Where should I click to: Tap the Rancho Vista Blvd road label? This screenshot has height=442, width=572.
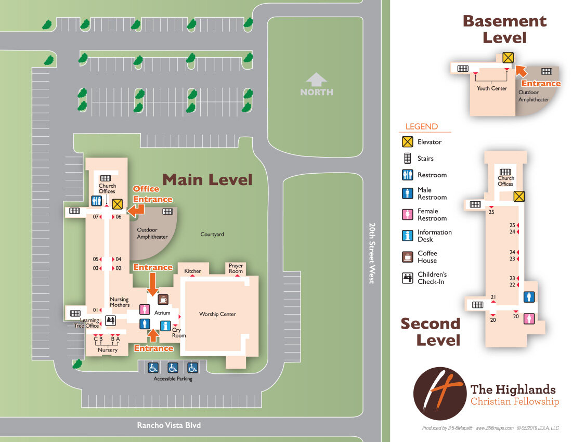coord(168,425)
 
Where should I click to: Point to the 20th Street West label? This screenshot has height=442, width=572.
coord(372,253)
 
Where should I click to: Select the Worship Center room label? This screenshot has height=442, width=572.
coord(217,314)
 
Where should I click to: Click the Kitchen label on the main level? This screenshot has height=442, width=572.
coord(192,271)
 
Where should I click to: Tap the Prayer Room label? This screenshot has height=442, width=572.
coord(236,268)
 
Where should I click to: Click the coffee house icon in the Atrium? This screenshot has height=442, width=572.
coord(163,299)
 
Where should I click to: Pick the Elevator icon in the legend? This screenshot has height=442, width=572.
coord(407,141)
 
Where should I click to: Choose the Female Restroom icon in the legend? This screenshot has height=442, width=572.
coord(407,214)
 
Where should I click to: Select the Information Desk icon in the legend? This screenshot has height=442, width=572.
coord(407,236)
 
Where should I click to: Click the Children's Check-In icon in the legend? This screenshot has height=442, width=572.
coord(407,278)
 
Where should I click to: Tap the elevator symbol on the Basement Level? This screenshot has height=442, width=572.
coord(508,58)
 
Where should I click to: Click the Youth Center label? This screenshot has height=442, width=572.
coord(491,88)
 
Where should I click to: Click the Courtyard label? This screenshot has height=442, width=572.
coord(212,235)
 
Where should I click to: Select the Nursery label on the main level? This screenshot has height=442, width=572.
coord(108,350)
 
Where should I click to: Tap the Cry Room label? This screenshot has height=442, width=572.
coord(178,333)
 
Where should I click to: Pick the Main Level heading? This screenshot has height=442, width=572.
coord(207,180)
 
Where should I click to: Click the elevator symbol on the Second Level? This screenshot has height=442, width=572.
coord(518,196)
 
